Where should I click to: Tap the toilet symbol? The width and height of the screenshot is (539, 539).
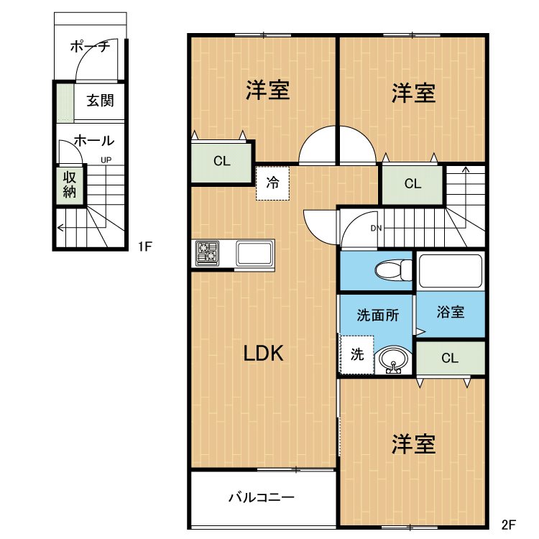tap(392, 271)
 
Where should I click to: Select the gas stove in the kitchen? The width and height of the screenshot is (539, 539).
tap(208, 253)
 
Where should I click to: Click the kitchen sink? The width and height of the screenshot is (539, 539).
tap(254, 254)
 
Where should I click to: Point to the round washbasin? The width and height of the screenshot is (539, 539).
tap(393, 359)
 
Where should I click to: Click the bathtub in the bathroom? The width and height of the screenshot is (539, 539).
tap(450, 271)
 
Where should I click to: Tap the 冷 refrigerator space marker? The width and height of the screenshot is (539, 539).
tap(273, 183)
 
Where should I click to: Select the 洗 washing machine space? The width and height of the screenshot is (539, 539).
tap(357, 354)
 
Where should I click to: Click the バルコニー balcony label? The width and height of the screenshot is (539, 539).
tap(262, 497)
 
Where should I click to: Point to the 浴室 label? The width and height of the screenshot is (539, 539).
tap(451, 313)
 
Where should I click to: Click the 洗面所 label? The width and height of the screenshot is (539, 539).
tap(375, 315)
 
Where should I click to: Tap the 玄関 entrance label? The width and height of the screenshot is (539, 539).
tap(101, 101)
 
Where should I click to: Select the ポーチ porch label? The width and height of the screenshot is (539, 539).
tap(90, 47)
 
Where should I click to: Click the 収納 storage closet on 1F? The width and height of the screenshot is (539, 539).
tap(70, 184)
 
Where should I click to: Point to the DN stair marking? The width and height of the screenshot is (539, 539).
tap(376, 229)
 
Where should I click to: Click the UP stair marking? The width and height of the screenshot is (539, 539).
tap(106, 160)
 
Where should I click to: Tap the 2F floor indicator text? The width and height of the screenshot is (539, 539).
tap(508, 525)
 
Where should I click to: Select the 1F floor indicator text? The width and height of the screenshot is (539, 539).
tap(146, 247)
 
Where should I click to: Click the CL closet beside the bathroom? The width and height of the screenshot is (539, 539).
tap(450, 358)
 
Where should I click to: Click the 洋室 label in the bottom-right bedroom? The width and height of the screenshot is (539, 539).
tap(414, 444)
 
